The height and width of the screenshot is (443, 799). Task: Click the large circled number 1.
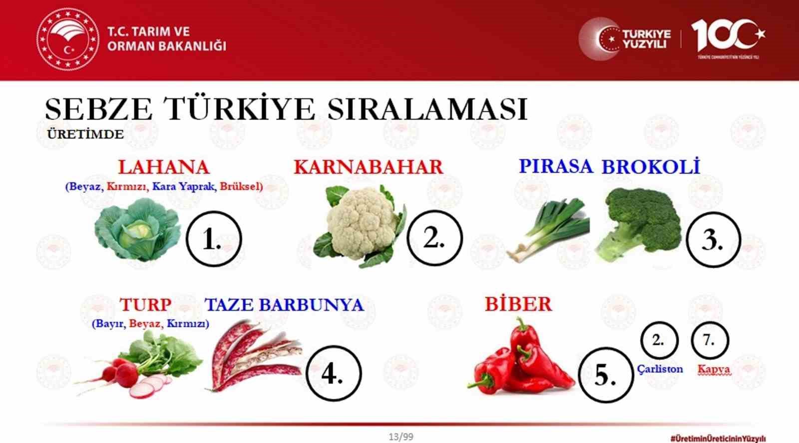(x=213, y=239)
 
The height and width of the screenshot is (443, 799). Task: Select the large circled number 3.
(x=713, y=239)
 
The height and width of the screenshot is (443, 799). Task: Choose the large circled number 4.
(x=333, y=373)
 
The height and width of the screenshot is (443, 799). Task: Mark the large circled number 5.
(x=605, y=375)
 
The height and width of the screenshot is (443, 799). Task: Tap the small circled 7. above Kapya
(x=710, y=340)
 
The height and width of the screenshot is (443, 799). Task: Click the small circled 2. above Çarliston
(x=659, y=340)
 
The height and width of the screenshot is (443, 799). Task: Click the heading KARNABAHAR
(x=368, y=167)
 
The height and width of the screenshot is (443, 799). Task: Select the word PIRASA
(x=556, y=166)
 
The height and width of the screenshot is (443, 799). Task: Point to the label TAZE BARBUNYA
(x=284, y=304)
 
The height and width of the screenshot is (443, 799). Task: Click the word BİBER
(x=518, y=304)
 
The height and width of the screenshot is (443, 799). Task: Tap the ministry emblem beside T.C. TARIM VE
(x=67, y=38)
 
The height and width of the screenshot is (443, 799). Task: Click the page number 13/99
(x=400, y=436)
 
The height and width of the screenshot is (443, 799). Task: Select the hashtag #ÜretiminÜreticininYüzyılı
(x=718, y=437)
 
